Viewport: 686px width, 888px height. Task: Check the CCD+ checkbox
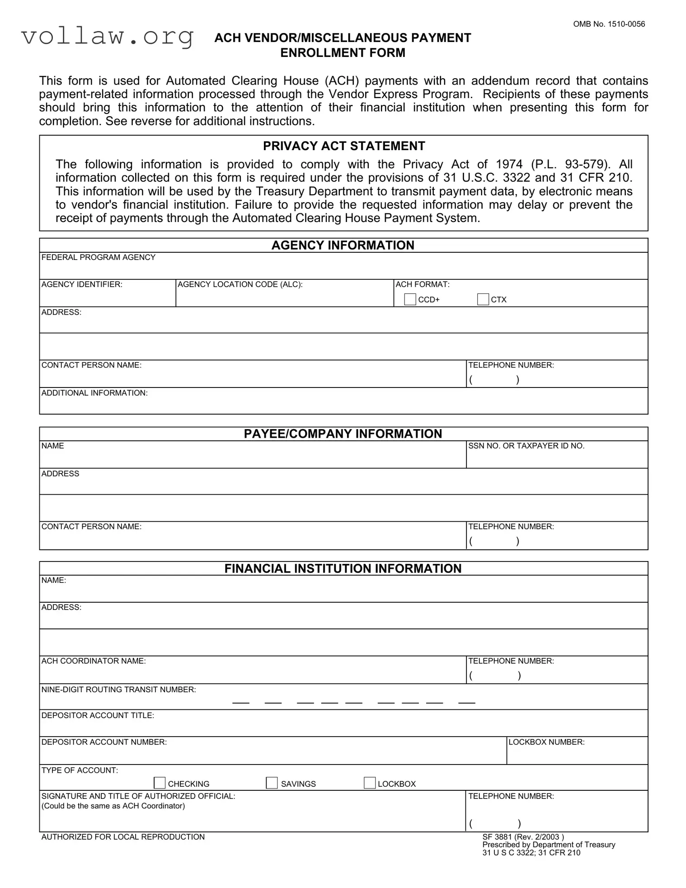(x=410, y=299)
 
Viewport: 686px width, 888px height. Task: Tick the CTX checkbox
(x=483, y=299)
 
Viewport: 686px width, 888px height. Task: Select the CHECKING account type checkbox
(x=160, y=783)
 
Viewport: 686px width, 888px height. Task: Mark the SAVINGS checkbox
(x=272, y=783)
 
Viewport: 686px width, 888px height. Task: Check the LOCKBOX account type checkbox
(x=369, y=783)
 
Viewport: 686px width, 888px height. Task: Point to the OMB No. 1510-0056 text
(x=609, y=24)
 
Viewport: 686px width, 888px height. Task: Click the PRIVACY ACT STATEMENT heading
(x=344, y=146)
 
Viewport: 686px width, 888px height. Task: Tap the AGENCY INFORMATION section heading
(x=343, y=245)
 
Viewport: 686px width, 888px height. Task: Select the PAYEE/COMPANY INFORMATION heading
(x=343, y=434)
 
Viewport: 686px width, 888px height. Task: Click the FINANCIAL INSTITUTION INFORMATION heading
(x=343, y=568)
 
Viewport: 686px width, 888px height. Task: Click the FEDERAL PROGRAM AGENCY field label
(x=98, y=257)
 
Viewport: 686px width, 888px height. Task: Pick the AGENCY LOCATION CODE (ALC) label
(x=240, y=284)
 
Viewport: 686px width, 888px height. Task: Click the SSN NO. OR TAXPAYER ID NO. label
(x=526, y=446)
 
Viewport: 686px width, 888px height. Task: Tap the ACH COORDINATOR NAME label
(x=94, y=661)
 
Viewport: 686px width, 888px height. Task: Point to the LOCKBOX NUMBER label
(x=546, y=742)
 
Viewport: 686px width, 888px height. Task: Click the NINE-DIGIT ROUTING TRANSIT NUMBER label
(x=118, y=690)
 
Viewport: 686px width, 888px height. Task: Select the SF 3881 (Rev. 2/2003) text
(x=523, y=837)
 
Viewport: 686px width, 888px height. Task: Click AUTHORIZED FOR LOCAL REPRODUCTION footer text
(x=123, y=837)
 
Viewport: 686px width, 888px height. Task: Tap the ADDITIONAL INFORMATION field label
(x=94, y=393)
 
